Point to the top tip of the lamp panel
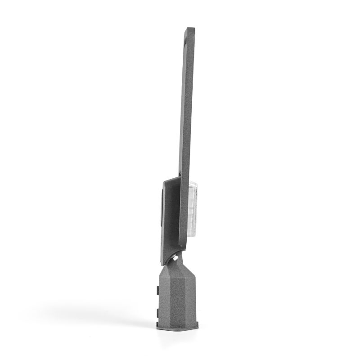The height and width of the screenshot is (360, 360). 191,29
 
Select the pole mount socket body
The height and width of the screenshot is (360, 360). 178,297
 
